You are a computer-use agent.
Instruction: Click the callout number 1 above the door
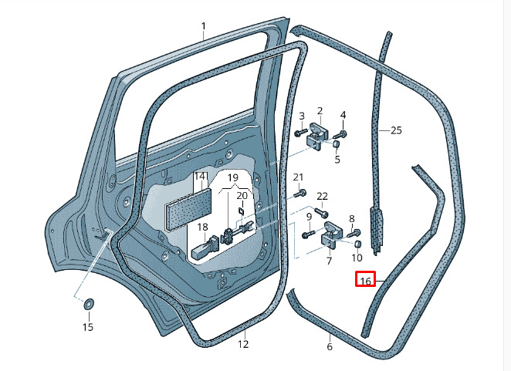[x=203, y=26]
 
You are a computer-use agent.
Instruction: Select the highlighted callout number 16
[x=365, y=279]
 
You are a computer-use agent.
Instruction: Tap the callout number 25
[x=396, y=130]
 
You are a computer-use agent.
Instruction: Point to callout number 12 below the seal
[x=243, y=344]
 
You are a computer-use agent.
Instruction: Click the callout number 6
[x=330, y=346]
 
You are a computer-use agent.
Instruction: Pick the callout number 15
[x=88, y=327]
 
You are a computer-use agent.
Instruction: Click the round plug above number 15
[x=89, y=304]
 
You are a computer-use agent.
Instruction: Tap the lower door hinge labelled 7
[x=330, y=236]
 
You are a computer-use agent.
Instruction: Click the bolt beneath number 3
[x=301, y=132]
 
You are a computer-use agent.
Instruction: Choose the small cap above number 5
[x=337, y=144]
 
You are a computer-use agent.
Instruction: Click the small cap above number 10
[x=357, y=244]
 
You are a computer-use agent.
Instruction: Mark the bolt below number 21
[x=299, y=193]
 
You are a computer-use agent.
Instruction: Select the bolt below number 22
[x=321, y=212]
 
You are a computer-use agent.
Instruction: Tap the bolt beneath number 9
[x=308, y=234]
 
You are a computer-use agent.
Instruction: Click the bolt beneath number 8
[x=354, y=233]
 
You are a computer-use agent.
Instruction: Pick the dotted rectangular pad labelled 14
[x=188, y=209]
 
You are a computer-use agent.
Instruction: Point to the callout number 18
[x=202, y=227]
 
